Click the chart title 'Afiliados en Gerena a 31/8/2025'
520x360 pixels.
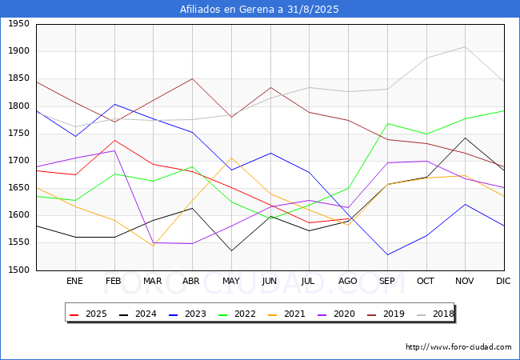pos(259,9)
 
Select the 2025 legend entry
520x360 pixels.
pos(88,314)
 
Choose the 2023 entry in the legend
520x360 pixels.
pos(187,314)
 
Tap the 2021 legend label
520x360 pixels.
pos(286,314)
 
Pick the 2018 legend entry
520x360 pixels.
pos(435,314)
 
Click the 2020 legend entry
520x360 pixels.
pos(336,314)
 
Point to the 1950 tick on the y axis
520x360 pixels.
pos(18,24)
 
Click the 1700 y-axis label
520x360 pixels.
pos(18,161)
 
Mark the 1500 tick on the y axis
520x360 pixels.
pos(18,270)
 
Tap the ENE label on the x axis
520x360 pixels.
pos(74,281)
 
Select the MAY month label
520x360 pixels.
pos(231,281)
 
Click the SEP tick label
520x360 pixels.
pos(386,281)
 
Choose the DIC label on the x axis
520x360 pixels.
pos(503,281)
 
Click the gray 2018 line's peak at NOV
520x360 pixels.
pos(466,46)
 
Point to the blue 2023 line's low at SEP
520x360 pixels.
pos(387,255)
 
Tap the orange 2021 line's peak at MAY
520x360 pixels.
pos(231,158)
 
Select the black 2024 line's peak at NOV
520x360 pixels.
pos(466,138)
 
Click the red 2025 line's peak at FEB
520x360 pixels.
pos(114,140)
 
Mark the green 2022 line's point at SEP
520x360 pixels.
pos(387,124)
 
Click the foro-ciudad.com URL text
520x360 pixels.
pos(458,347)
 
